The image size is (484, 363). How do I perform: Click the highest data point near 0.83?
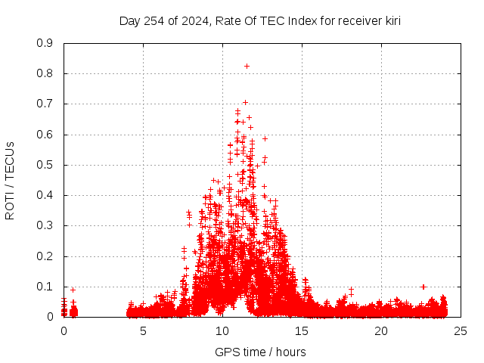click(x=247, y=66)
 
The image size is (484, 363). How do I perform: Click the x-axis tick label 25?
click(x=461, y=331)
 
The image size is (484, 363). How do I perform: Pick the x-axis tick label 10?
click(x=222, y=331)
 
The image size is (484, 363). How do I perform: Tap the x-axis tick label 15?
click(x=302, y=331)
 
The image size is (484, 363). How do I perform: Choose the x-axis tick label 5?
click(x=143, y=331)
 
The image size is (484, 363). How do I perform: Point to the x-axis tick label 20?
click(x=381, y=331)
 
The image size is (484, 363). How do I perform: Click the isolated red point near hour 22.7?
click(x=423, y=287)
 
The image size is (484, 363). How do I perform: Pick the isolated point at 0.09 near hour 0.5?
click(x=73, y=290)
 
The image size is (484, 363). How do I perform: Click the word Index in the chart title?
click(x=302, y=20)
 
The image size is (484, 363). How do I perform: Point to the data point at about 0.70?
click(x=245, y=102)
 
